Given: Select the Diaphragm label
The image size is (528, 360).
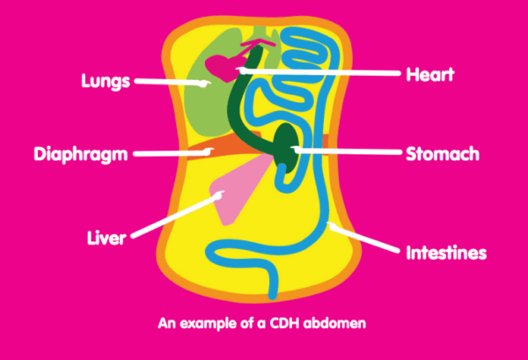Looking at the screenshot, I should pyautogui.click(x=81, y=155).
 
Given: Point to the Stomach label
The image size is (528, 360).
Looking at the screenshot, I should pyautogui.click(x=442, y=154).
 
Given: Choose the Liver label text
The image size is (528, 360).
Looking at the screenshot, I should pyautogui.click(x=108, y=238).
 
